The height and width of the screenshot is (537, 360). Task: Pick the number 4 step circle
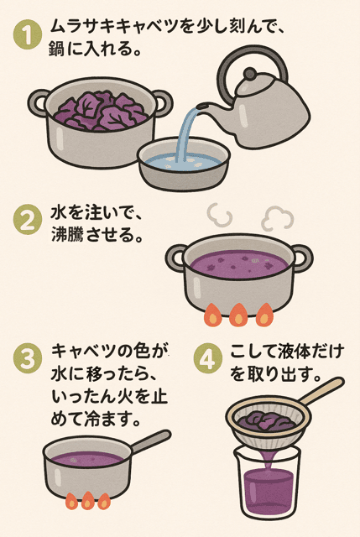(207, 358)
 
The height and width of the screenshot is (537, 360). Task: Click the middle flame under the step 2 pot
(237, 315)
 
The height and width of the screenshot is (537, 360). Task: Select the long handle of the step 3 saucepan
(151, 441)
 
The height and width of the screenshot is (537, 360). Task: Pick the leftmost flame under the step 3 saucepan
(71, 501)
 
